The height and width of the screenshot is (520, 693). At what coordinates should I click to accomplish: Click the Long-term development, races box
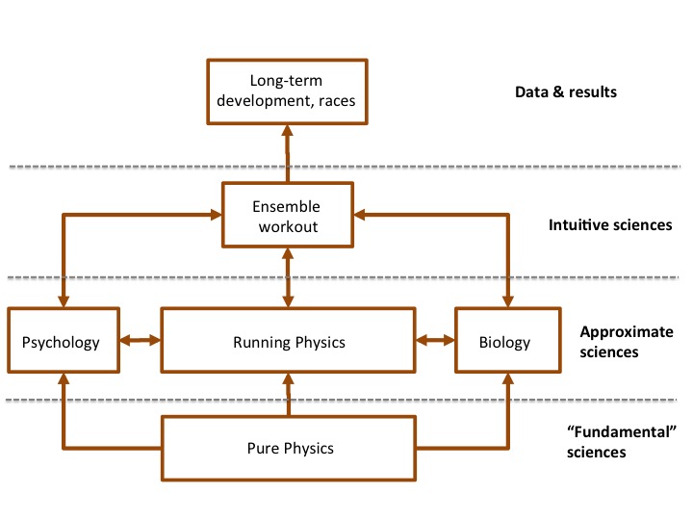pos(286,92)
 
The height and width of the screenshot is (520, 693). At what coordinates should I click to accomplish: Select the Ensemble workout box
pos(286,217)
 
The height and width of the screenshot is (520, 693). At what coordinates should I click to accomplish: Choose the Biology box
pos(506,341)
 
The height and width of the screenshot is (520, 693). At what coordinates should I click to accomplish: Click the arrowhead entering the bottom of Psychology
pos(63,379)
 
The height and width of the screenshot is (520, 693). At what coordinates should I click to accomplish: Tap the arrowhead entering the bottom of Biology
pos(506,379)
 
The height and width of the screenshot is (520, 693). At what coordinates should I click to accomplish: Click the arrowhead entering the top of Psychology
pos(63,301)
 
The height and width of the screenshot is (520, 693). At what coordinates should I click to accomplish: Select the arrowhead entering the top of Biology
pos(506,301)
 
